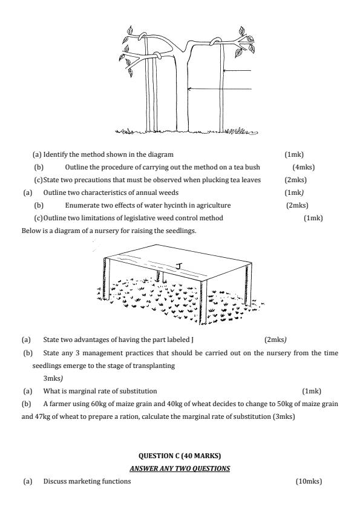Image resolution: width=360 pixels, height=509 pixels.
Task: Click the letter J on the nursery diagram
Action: coord(178,266)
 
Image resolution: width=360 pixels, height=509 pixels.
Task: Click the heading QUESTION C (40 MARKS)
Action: coord(180,456)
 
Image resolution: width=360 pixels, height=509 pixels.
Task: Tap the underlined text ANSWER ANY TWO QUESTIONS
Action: coord(180,468)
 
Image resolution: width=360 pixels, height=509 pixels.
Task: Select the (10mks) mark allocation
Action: coord(309,481)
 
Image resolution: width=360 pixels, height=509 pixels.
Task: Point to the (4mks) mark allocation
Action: coord(304,167)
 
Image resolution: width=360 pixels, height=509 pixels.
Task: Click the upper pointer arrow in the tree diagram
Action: coord(237,70)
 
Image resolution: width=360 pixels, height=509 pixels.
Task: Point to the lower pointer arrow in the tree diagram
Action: coord(220,88)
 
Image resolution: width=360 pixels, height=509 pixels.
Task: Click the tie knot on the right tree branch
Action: coord(215,41)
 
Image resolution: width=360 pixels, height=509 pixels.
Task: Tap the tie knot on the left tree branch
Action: coord(157,56)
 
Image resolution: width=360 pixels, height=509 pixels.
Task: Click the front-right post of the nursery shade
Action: coord(203,302)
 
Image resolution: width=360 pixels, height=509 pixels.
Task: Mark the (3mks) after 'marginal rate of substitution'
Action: coord(284,416)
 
